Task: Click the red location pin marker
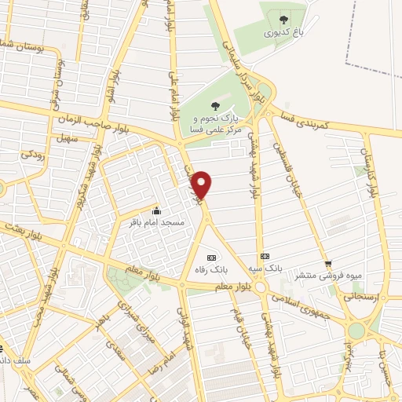(x=203, y=185)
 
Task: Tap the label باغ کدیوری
(x=283, y=34)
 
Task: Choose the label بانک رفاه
(x=211, y=269)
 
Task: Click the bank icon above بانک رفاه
(x=210, y=257)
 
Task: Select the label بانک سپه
(x=265, y=269)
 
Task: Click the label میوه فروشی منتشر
(x=328, y=276)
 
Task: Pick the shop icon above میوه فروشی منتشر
(x=328, y=264)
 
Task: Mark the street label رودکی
(x=31, y=155)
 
